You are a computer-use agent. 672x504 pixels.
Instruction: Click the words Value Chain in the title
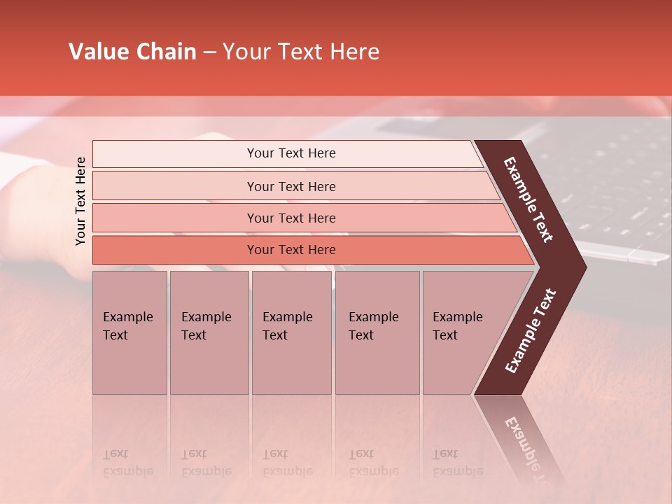tap(132, 52)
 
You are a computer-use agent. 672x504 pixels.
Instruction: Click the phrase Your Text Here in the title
tap(301, 52)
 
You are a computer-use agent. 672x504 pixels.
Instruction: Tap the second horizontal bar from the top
tap(290, 186)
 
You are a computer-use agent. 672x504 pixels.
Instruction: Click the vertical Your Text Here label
tap(80, 201)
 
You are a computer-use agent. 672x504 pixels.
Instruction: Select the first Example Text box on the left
tap(129, 332)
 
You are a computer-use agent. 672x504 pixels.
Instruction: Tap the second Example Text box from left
tap(209, 332)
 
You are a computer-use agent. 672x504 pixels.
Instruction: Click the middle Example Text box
tap(291, 332)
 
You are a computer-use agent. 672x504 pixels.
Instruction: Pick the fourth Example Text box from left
tap(377, 332)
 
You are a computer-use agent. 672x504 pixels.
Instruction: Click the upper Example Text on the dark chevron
tap(528, 199)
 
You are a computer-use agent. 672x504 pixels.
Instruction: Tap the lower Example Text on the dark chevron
tap(531, 331)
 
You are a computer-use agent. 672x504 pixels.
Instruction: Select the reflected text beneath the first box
tap(127, 463)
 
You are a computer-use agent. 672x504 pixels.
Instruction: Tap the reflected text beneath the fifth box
tap(457, 463)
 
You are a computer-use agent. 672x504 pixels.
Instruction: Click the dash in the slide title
tap(209, 52)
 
